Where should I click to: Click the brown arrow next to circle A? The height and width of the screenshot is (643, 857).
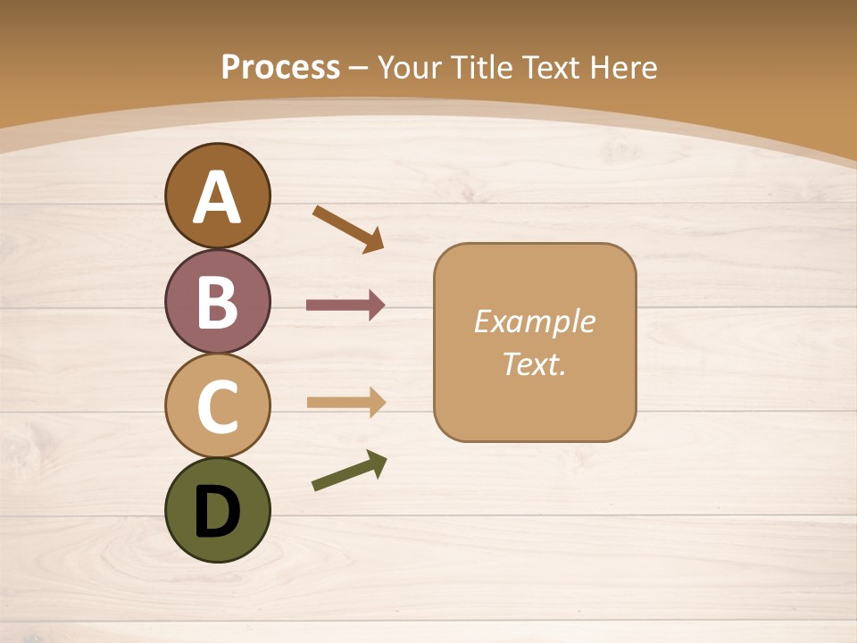pyautogui.click(x=348, y=228)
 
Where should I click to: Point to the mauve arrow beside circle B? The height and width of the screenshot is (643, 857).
pyautogui.click(x=345, y=305)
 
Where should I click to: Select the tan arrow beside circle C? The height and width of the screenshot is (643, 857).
pyautogui.click(x=345, y=402)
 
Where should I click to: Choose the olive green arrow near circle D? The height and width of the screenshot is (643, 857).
pyautogui.click(x=349, y=471)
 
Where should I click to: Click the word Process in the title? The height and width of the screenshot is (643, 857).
pyautogui.click(x=280, y=67)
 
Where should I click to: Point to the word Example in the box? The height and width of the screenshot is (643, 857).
pyautogui.click(x=534, y=321)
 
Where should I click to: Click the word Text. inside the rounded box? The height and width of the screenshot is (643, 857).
pyautogui.click(x=534, y=363)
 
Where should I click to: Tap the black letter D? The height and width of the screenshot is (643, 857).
pyautogui.click(x=217, y=512)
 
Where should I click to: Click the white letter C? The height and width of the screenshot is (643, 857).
pyautogui.click(x=217, y=406)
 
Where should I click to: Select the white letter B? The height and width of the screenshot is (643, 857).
pyautogui.click(x=217, y=302)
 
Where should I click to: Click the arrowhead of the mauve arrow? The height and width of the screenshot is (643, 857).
pyautogui.click(x=376, y=305)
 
